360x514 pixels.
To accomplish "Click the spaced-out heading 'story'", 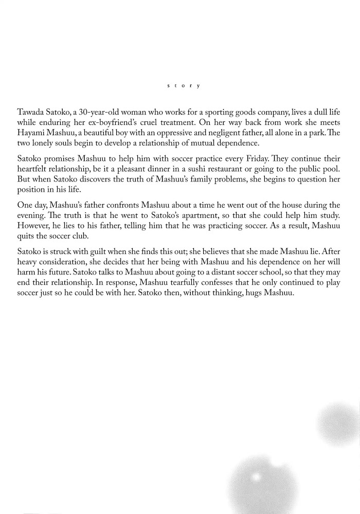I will click(184, 85).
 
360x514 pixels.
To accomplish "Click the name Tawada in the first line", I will click(31, 112).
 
